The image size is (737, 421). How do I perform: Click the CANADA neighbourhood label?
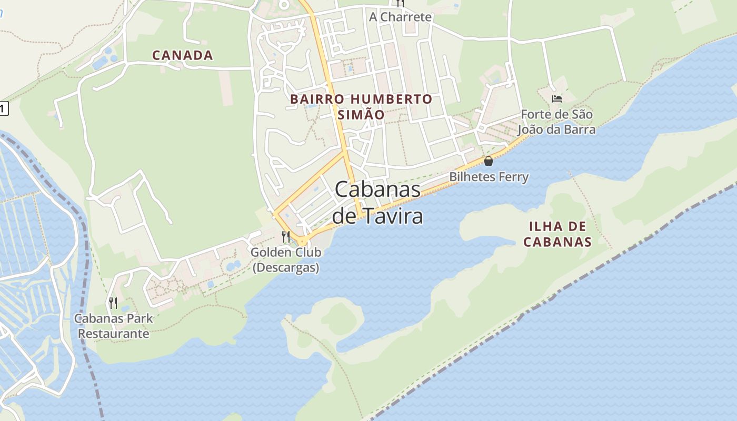183,55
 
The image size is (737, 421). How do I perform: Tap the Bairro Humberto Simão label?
361,107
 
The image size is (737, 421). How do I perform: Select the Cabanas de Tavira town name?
378,203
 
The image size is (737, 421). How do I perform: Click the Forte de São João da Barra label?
557,122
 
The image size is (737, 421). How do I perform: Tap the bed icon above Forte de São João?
557,98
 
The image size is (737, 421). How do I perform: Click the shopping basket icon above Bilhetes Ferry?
489,161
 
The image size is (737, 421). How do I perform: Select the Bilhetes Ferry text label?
489,177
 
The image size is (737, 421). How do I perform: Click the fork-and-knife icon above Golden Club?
286,237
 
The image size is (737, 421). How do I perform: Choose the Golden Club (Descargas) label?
286,260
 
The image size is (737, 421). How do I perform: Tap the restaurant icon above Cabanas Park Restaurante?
113,303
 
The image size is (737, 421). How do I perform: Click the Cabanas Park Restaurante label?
114,326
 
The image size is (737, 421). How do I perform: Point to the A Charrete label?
400,17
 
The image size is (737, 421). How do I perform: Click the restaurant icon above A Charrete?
400,3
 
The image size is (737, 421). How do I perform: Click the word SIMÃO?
361,115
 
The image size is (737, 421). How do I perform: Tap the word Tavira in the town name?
391,216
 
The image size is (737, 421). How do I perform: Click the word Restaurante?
114,334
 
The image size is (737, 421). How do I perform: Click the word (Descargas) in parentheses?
286,267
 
